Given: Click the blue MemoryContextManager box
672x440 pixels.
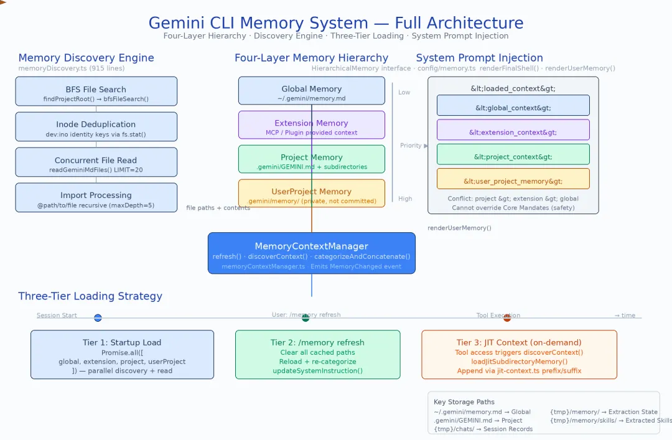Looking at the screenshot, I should coord(311,253).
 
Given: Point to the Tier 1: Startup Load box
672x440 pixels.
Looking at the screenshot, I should coord(122,355).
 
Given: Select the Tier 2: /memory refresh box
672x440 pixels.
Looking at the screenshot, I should coord(317,355).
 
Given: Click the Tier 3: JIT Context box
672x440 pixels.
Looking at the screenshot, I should coord(519,355).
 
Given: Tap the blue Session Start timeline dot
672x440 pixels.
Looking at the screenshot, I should coord(98,318).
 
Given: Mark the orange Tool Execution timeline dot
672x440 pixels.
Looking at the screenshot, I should coord(507,318).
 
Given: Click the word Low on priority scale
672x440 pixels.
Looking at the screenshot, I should coord(404,92).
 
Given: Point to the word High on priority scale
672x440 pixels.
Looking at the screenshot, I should coord(405,199).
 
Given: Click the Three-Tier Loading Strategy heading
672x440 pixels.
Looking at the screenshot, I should coord(90,296).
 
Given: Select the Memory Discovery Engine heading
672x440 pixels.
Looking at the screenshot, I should coord(86,58).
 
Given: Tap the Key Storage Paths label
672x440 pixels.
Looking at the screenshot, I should coord(464,402).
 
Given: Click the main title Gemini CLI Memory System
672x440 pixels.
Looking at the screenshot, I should coord(336,23).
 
